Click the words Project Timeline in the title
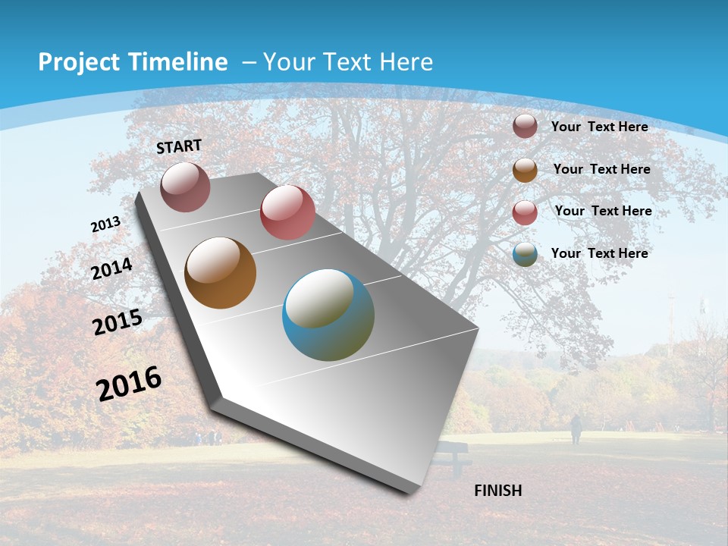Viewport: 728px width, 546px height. (x=133, y=62)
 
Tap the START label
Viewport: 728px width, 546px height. (x=179, y=146)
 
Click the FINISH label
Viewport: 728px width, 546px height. (x=497, y=491)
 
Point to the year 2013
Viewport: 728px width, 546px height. (x=105, y=224)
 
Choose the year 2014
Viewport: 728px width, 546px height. (x=112, y=268)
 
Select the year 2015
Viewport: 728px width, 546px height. (x=118, y=322)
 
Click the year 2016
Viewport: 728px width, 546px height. (x=129, y=384)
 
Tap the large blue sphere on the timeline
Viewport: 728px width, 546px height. (x=328, y=315)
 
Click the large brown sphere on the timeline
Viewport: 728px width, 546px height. (x=221, y=273)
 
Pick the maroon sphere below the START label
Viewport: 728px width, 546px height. (x=185, y=187)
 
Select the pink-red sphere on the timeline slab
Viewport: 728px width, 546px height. (x=287, y=212)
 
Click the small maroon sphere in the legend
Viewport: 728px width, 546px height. (x=525, y=126)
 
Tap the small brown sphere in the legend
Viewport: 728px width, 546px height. (x=525, y=170)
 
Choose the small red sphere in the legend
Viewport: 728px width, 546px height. (x=525, y=212)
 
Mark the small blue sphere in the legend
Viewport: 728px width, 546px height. (x=525, y=255)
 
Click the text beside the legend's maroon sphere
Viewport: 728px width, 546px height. (x=599, y=127)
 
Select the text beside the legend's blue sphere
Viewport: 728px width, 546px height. (x=599, y=253)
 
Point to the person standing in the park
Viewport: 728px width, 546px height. (x=576, y=429)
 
